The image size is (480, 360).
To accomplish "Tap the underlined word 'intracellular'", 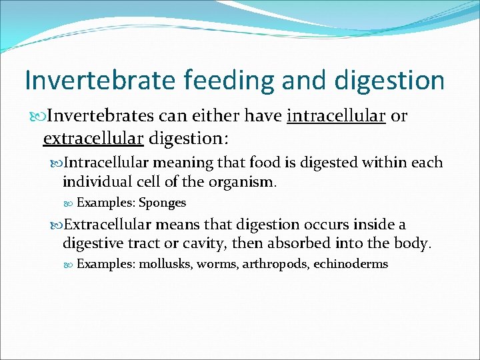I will pos(336,116).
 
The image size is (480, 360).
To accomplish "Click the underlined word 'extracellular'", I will pos(93,138).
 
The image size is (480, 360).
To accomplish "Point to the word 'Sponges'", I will pos(162,203).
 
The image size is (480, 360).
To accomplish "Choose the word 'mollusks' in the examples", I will pos(165,264).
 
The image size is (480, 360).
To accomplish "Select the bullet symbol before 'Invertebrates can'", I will pos(36,117).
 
